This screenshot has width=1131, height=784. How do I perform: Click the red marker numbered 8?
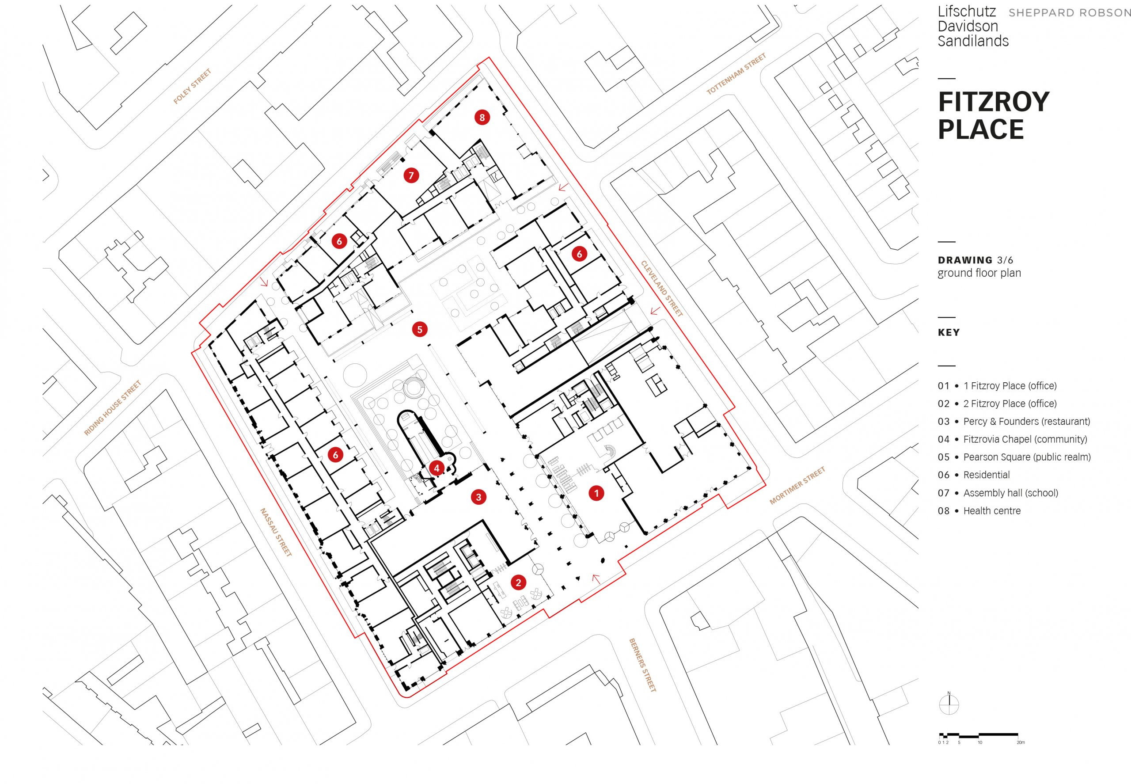[482, 118]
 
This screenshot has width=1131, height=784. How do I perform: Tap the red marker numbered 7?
[411, 175]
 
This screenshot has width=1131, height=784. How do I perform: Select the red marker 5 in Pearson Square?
[419, 329]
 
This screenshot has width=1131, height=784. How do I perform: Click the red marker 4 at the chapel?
[436, 468]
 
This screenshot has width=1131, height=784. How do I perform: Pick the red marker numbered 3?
[478, 497]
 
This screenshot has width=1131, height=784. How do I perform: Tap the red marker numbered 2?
[518, 582]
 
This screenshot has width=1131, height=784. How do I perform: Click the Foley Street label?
[192, 87]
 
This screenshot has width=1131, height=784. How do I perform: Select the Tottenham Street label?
[736, 74]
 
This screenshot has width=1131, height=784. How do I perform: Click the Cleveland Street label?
[661, 288]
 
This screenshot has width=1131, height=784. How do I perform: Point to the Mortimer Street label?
[797, 486]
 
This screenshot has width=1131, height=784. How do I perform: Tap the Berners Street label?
[642, 665]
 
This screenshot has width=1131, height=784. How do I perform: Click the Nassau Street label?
[276, 532]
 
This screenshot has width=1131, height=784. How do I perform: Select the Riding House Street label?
[113, 408]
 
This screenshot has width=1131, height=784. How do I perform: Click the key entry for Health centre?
[991, 511]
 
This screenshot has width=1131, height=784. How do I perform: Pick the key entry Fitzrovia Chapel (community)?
[1025, 439]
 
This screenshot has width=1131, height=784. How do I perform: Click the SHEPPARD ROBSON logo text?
[1069, 13]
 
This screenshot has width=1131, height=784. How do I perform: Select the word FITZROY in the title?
[993, 102]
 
